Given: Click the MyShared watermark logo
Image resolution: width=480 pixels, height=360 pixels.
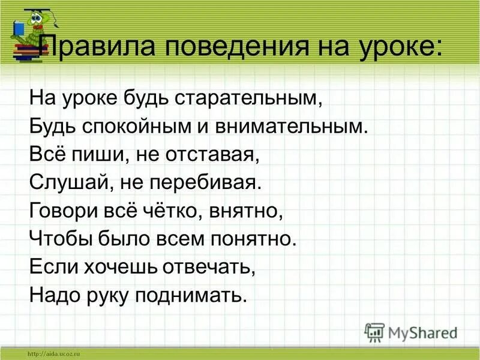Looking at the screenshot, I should pos(411,332).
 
